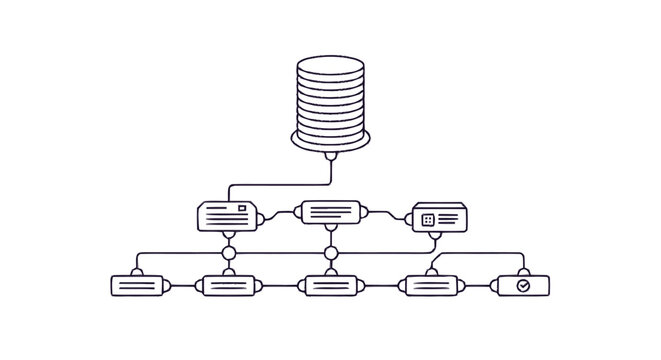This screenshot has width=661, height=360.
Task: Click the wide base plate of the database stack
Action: point(330,139)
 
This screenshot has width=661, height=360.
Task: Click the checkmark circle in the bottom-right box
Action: point(523,285)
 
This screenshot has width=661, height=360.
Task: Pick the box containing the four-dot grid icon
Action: point(439,218)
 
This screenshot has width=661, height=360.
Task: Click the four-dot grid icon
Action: point(428,219)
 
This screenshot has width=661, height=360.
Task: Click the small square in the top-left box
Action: point(240,208)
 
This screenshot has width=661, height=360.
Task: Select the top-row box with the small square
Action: point(229,215)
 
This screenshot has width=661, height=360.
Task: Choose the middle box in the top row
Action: point(330,212)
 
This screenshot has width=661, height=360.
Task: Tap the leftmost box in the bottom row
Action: point(135,285)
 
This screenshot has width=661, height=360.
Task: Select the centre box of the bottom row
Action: point(330,285)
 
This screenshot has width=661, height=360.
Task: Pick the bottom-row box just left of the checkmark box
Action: point(431,285)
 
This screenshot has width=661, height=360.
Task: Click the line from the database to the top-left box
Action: point(280,184)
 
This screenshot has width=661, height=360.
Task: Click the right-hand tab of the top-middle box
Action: point(366,212)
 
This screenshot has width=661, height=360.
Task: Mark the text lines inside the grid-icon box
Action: point(448,219)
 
